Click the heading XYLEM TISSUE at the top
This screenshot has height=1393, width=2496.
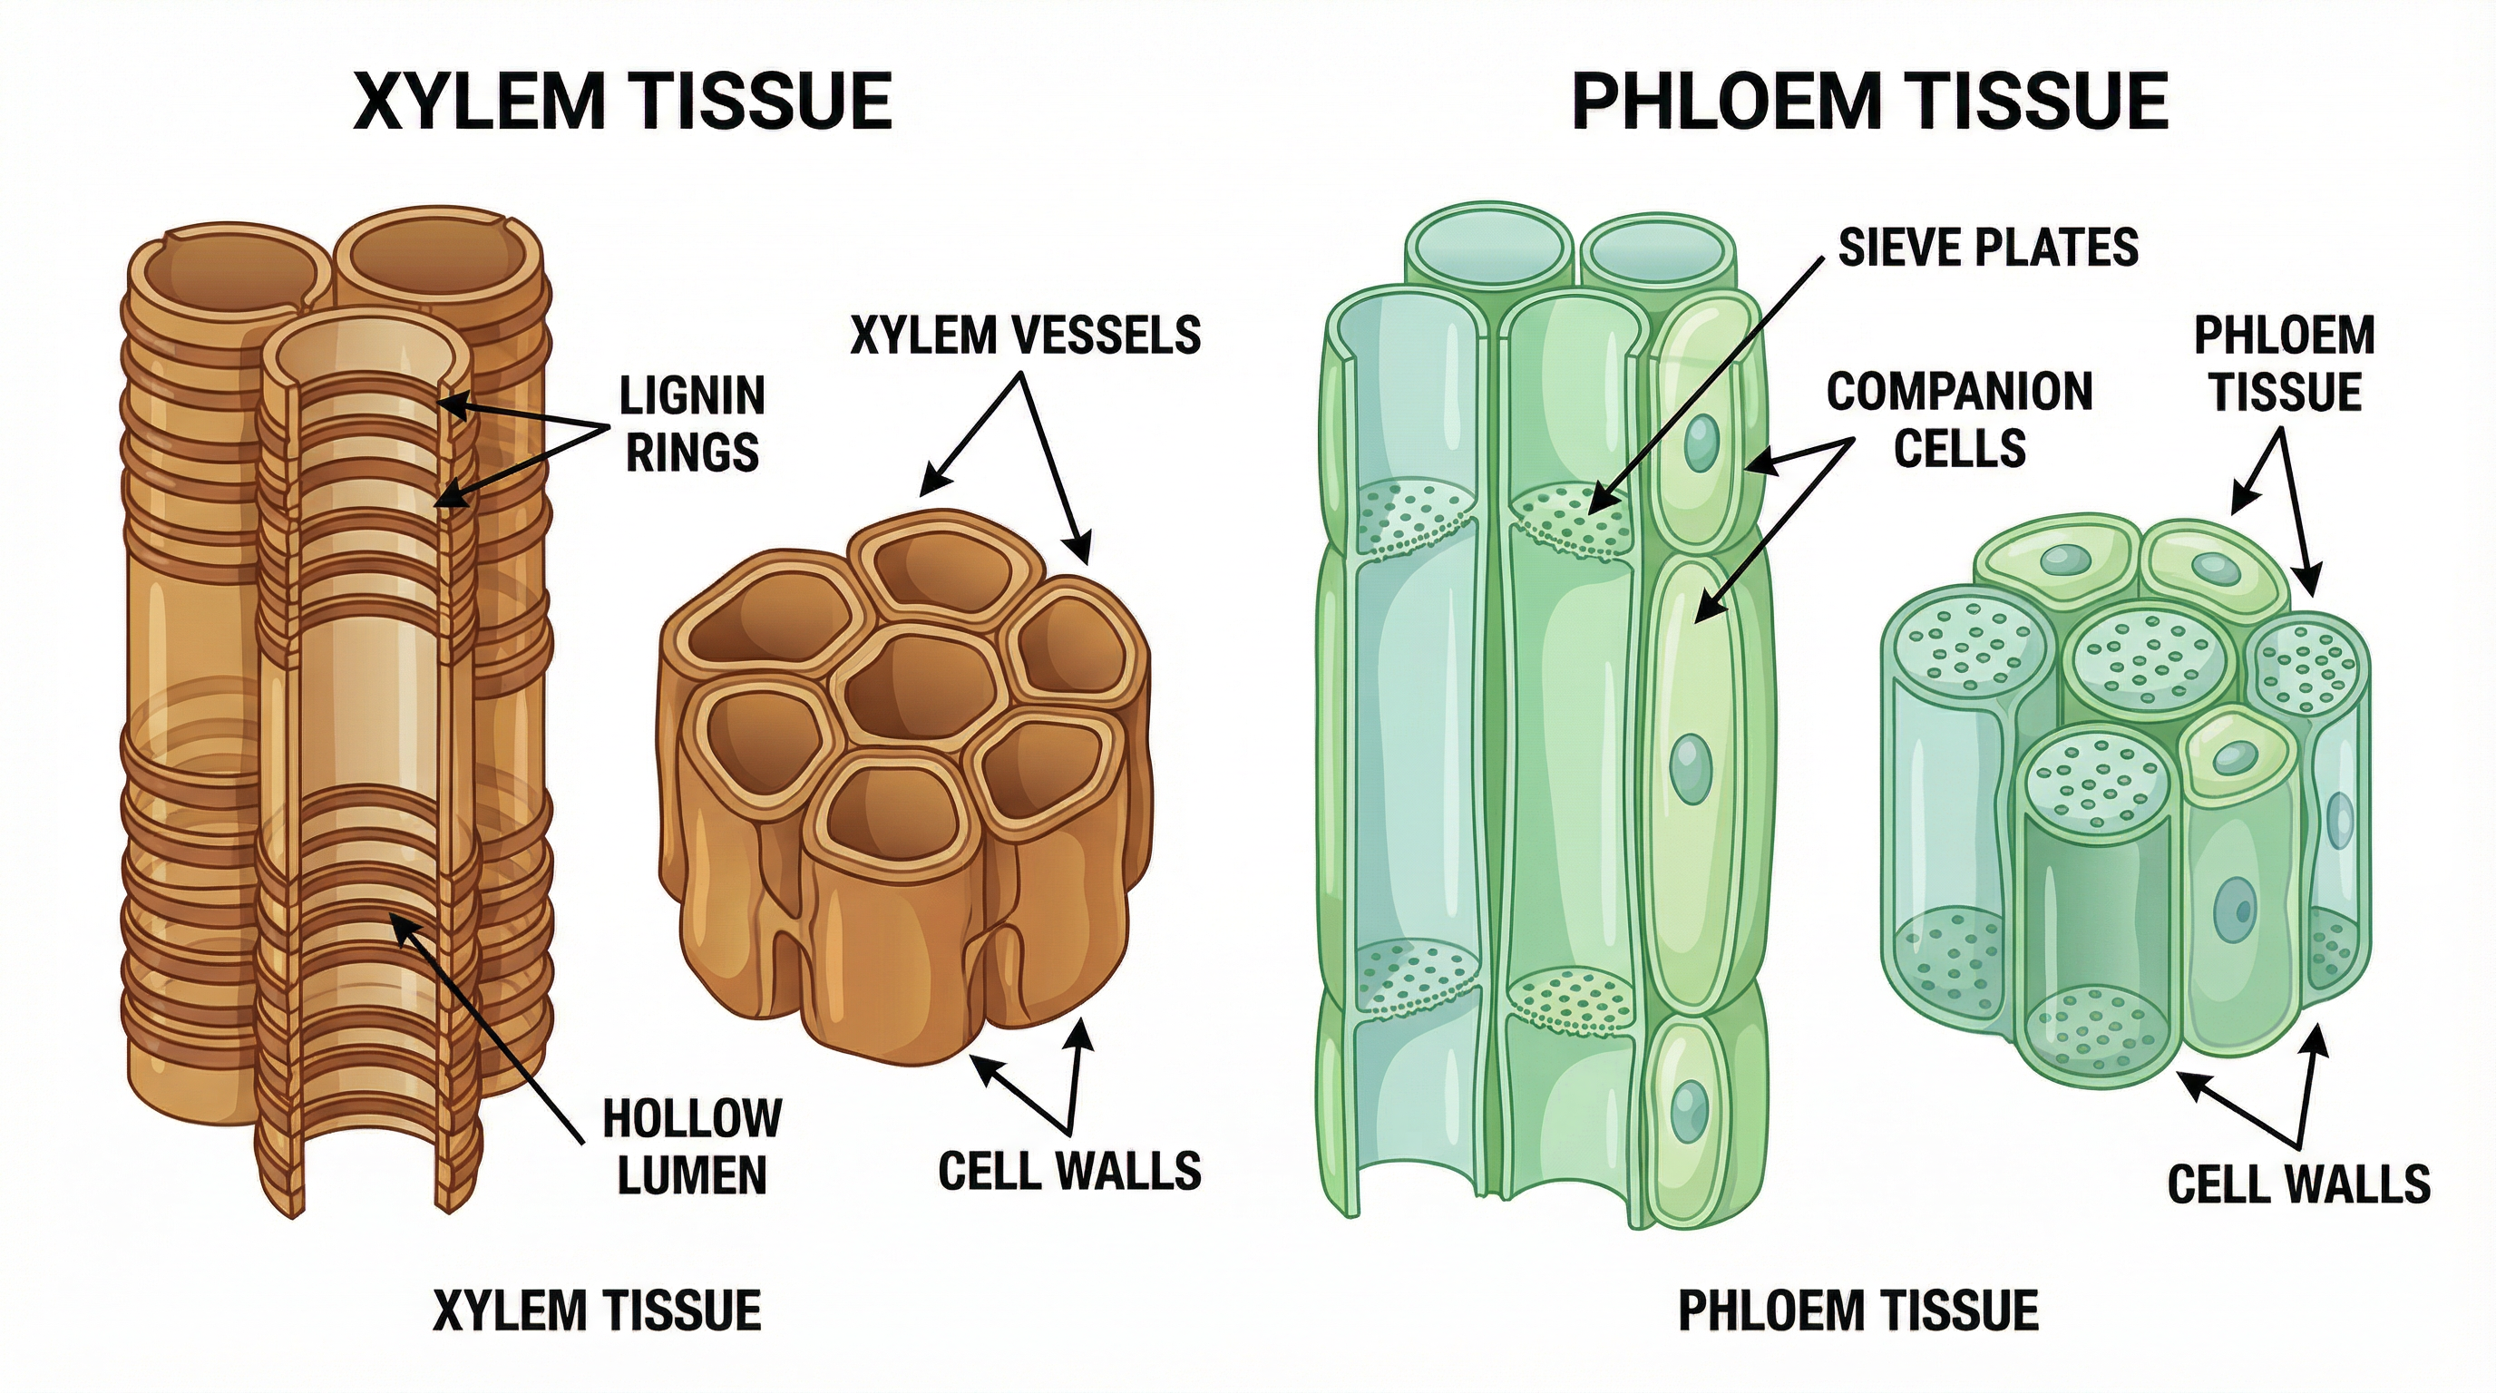[622, 101]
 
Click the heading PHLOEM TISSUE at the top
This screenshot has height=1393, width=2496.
[1868, 101]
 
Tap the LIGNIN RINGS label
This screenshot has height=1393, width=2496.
[692, 424]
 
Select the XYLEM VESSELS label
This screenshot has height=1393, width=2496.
[1025, 336]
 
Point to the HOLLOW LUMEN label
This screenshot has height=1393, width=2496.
[692, 1147]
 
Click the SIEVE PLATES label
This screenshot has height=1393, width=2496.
[1988, 247]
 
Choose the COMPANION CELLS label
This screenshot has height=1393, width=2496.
[1959, 420]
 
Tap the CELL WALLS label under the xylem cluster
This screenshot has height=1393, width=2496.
[1069, 1171]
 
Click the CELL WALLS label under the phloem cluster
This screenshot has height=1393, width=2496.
[2298, 1184]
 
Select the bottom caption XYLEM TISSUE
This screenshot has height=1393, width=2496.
[597, 1310]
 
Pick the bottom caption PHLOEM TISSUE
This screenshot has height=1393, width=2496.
[1858, 1310]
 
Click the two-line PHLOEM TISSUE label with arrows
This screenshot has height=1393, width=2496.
[2285, 365]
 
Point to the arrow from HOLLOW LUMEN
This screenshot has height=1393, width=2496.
[484, 1027]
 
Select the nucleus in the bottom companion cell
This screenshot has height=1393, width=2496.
[1689, 1110]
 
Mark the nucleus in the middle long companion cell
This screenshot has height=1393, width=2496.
[1690, 767]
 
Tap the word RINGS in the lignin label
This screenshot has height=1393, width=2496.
[692, 453]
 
